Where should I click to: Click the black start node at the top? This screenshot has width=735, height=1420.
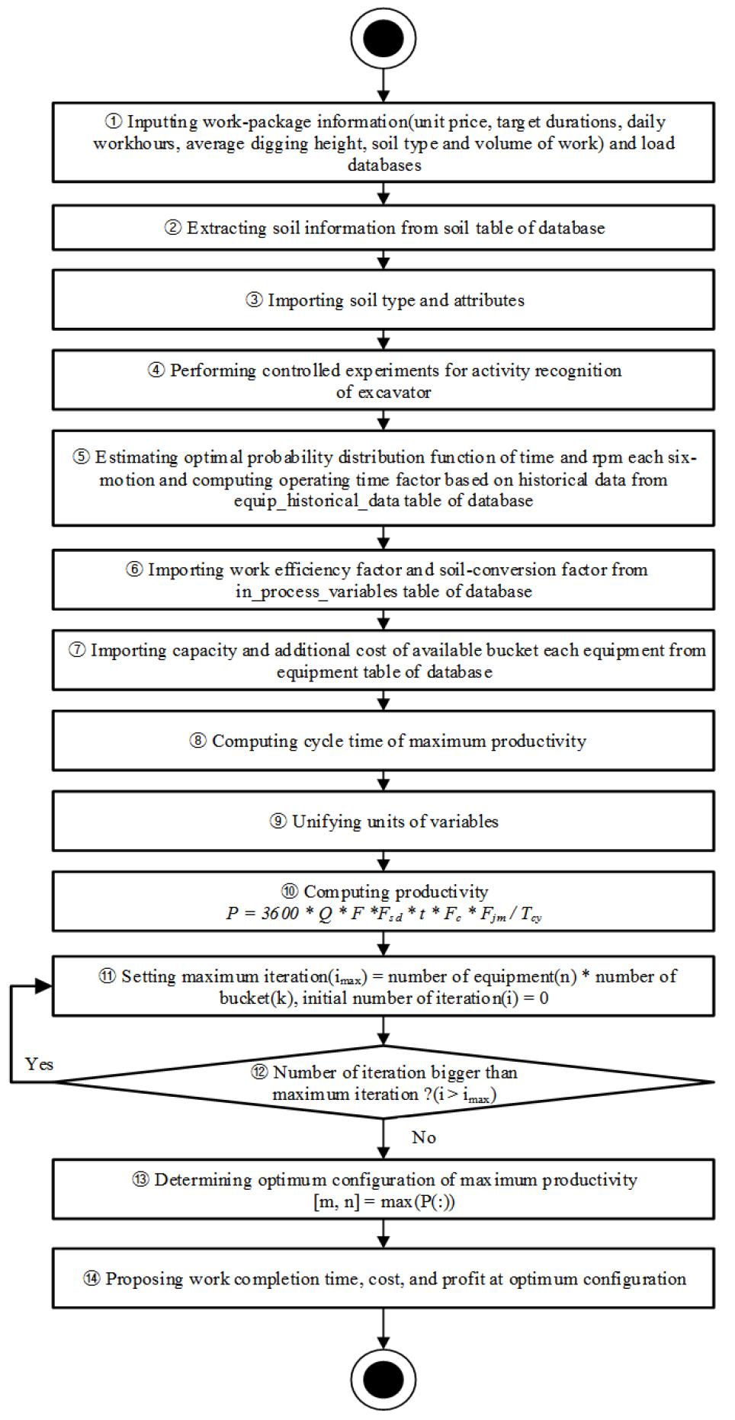click(x=384, y=39)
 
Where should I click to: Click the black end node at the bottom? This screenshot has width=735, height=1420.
click(x=384, y=1379)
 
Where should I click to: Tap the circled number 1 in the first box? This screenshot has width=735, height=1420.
click(x=113, y=122)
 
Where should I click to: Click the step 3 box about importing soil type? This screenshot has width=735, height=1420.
click(x=384, y=300)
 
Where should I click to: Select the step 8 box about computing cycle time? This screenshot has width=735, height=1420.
click(x=384, y=741)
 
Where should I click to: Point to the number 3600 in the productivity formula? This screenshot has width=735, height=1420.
click(x=280, y=913)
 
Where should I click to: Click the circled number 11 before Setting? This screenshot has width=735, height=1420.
click(x=108, y=976)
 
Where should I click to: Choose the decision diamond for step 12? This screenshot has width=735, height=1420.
click(x=384, y=1082)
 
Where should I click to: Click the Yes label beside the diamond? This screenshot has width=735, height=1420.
click(x=39, y=1064)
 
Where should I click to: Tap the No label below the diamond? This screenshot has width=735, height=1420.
click(x=424, y=1137)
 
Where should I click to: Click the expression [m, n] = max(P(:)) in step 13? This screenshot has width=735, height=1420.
click(x=384, y=1202)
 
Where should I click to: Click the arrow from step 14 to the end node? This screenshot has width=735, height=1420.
click(x=384, y=1328)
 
